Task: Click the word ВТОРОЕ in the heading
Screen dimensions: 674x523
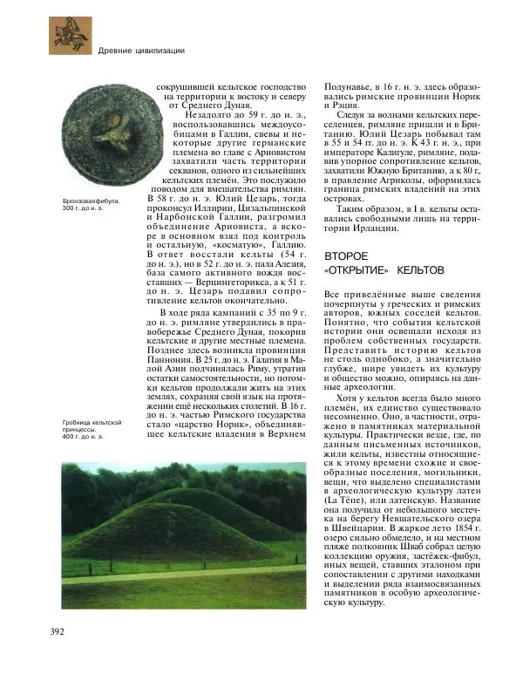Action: pyautogui.click(x=346, y=256)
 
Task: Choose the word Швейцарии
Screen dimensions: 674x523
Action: pyautogui.click(x=357, y=528)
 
